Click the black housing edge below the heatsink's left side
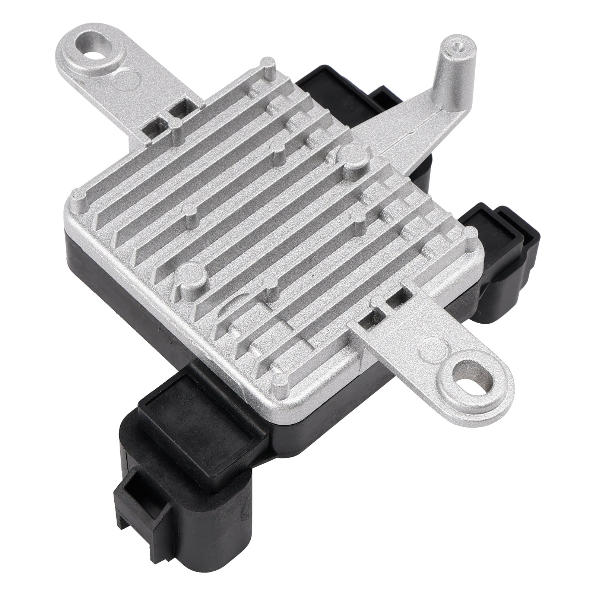coord(112,261)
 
